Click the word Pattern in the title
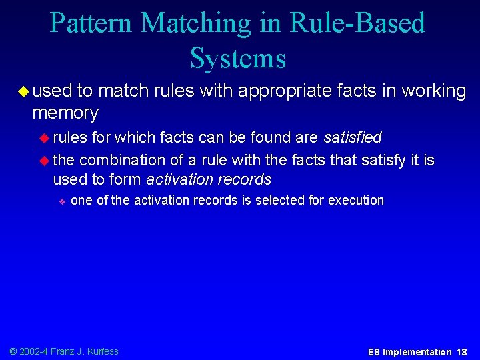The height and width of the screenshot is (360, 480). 91,23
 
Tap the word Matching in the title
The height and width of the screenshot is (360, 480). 194,23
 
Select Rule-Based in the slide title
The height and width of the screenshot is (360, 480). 359,23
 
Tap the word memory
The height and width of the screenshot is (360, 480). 65,113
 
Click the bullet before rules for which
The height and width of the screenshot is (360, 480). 45,138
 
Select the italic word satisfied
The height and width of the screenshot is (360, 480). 352,137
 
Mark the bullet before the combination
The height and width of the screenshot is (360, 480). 45,161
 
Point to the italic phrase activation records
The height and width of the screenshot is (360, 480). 209,179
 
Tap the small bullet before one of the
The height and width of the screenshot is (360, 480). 61,201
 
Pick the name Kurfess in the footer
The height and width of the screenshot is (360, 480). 102,351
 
